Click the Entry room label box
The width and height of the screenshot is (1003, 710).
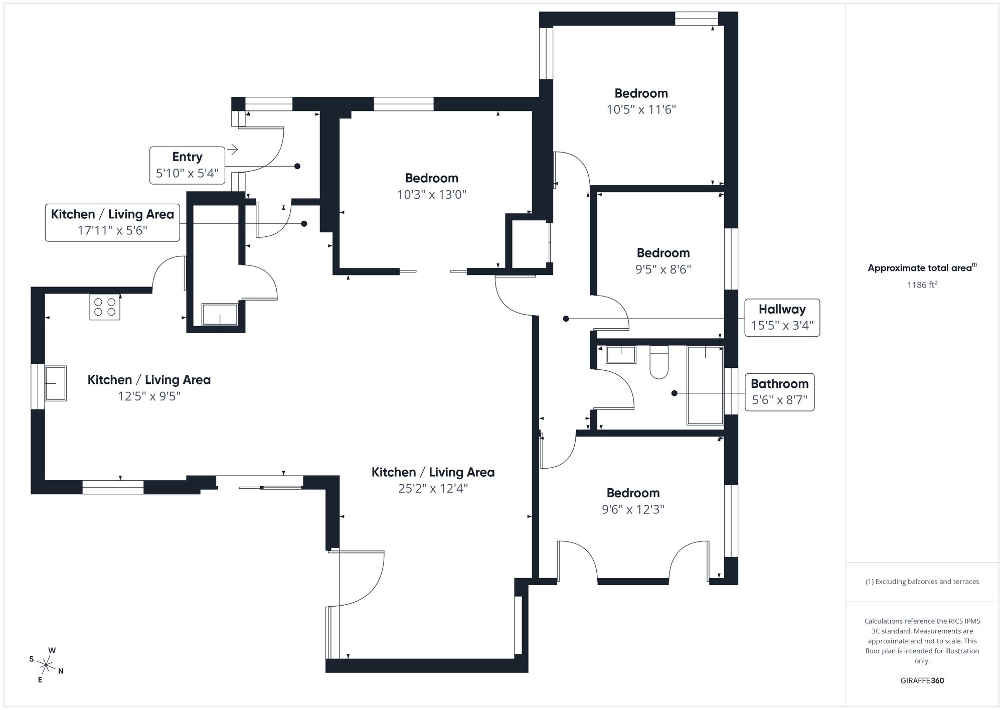[187, 165]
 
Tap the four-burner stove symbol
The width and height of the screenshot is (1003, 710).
[105, 307]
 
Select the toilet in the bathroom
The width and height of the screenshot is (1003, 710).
[659, 362]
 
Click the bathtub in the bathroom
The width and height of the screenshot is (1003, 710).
[705, 385]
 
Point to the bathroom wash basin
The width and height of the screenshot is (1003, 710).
[621, 354]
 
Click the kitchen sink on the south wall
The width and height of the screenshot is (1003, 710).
[56, 383]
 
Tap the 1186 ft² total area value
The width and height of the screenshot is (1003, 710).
[922, 285]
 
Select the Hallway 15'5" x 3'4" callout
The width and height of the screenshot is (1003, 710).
[782, 318]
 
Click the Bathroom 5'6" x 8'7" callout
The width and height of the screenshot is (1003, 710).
[779, 392]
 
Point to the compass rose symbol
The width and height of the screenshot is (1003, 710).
[46, 666]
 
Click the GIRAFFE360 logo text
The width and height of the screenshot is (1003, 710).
[922, 680]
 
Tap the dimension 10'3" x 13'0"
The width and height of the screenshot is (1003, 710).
[431, 195]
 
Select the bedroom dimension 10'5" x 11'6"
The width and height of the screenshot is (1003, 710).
[641, 109]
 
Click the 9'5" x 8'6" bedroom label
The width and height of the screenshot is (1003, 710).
[663, 269]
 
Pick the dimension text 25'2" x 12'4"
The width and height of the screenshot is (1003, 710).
[433, 488]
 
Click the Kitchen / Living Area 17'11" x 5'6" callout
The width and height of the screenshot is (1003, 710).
[112, 222]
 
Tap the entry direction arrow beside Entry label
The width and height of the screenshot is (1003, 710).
[232, 150]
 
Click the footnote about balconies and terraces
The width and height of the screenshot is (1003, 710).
[922, 582]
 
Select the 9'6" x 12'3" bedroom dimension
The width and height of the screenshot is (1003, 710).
[633, 509]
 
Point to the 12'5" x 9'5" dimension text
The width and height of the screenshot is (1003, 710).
[149, 396]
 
